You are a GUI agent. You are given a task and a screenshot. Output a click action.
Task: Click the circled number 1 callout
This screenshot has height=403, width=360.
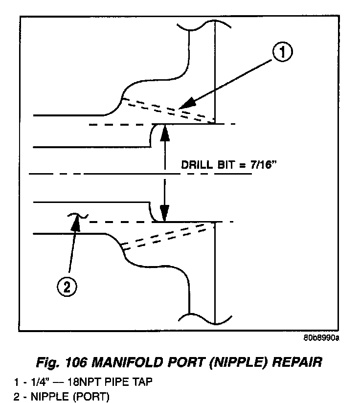coord(282,52)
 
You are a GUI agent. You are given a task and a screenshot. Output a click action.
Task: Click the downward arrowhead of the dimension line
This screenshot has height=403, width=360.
coord(165,217)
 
